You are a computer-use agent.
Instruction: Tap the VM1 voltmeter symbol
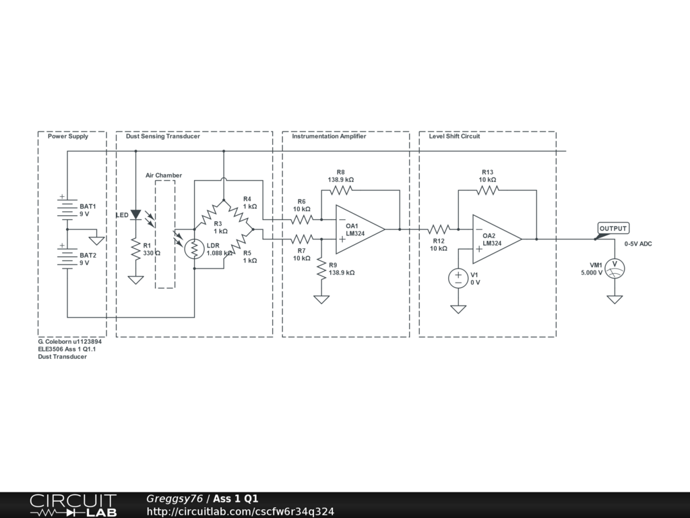click(614, 268)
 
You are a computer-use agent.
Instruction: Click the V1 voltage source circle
click(458, 278)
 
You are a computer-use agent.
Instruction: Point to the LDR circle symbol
click(194, 249)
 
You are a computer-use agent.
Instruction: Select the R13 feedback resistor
click(487, 190)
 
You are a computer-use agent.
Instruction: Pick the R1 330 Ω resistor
click(135, 249)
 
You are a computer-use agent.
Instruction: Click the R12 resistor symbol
click(438, 229)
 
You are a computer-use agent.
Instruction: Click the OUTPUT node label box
click(613, 229)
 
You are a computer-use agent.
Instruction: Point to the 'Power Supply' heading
click(67, 136)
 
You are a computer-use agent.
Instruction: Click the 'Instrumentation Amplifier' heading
click(329, 136)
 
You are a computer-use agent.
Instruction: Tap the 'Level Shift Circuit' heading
click(454, 136)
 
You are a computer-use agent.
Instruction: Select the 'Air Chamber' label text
click(164, 175)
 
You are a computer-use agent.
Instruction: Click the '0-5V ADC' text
click(637, 243)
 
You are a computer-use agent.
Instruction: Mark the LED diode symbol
click(135, 215)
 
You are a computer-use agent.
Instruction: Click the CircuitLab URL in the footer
click(241, 512)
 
